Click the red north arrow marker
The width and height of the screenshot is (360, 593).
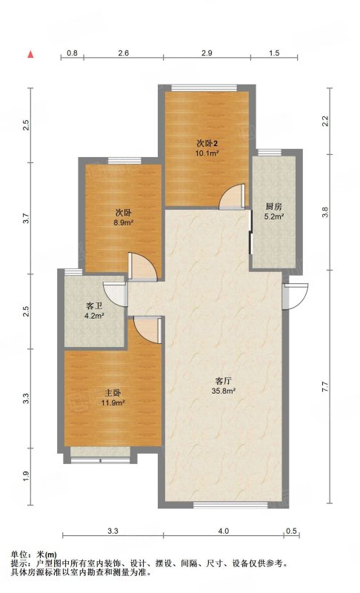coord(30,54)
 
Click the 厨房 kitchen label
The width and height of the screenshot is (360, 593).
coord(273,207)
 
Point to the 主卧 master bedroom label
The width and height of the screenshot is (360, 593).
coord(113,393)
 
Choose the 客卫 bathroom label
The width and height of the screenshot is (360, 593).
coord(94,306)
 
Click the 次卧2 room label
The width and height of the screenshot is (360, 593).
coord(207,144)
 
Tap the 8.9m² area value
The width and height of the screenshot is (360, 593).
coord(123,223)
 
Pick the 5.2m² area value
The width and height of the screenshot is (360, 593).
coord(274,216)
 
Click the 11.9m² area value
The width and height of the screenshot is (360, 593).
coord(113,402)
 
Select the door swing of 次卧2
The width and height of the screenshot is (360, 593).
coord(232,196)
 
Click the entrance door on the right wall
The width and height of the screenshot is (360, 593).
coord(295,296)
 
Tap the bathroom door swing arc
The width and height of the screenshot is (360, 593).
coord(115,294)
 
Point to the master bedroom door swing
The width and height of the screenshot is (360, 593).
coord(147,330)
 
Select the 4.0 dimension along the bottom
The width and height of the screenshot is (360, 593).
coord(223,531)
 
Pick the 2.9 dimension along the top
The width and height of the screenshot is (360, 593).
coord(207,53)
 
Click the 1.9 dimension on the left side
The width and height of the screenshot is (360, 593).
coord(26,476)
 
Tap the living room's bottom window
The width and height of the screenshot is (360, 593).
coord(231,505)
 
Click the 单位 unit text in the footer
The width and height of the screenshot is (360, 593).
coord(19,555)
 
